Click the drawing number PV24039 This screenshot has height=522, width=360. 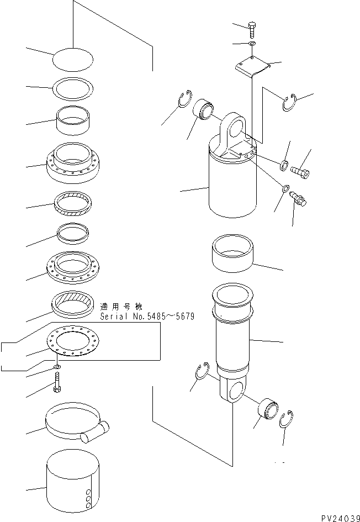(340, 518)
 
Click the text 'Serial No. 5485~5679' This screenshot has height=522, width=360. (147, 317)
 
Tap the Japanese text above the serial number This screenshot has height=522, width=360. (121, 306)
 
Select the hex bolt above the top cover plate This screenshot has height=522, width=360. (252, 30)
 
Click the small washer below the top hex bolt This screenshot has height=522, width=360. (252, 44)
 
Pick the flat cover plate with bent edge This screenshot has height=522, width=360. (253, 67)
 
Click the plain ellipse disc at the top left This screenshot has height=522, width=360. (73, 60)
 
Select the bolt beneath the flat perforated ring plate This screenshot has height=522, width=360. (57, 383)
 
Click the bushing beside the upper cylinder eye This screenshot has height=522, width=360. (203, 108)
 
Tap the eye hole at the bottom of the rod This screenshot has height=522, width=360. (236, 390)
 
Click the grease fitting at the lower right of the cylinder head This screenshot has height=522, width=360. (298, 198)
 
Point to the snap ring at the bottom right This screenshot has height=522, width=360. (286, 419)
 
